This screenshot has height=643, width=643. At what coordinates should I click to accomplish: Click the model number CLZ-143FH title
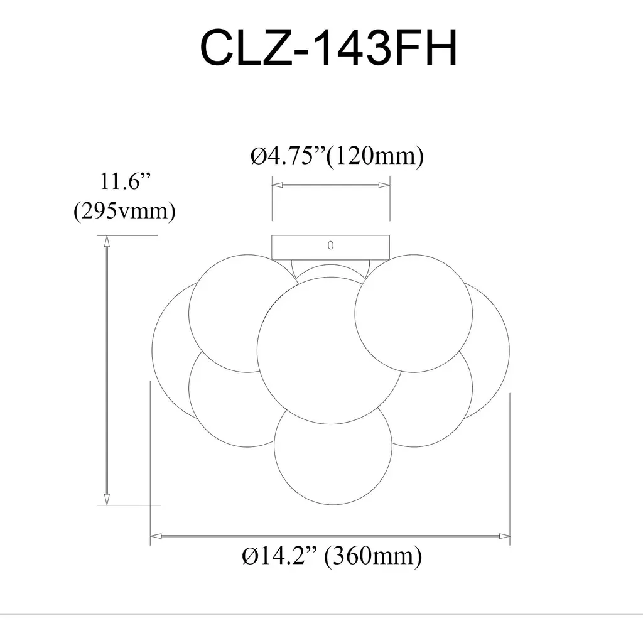pyautogui.click(x=328, y=48)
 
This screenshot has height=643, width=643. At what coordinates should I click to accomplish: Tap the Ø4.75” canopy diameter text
pyautogui.click(x=288, y=156)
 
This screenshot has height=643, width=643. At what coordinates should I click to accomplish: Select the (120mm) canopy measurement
pyautogui.click(x=375, y=156)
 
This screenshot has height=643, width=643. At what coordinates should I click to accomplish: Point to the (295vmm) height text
pyautogui.click(x=125, y=211)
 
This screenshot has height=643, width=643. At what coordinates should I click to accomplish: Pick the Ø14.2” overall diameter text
pyautogui.click(x=279, y=556)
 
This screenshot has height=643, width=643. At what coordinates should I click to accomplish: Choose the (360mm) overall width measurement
pyautogui.click(x=373, y=556)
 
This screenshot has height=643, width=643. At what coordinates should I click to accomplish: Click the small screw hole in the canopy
pyautogui.click(x=330, y=246)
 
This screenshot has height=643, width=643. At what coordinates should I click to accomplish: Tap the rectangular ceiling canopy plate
pyautogui.click(x=330, y=247)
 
